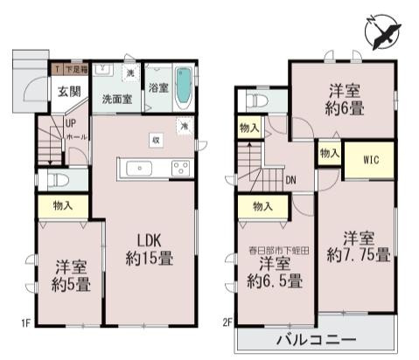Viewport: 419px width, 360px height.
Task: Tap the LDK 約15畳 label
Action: [151, 249]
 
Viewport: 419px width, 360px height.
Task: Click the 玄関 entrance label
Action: [70, 91]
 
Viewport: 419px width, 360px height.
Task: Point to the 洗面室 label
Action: [116, 99]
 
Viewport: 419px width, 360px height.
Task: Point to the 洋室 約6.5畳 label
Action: [274, 272]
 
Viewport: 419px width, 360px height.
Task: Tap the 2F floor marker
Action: [227, 323]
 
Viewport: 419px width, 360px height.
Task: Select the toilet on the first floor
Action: [57, 180]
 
